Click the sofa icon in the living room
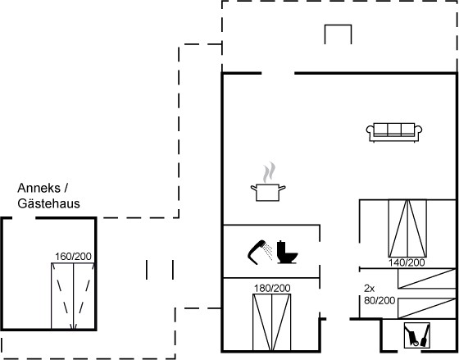click(x=394, y=132)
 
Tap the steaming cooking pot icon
click(x=268, y=181)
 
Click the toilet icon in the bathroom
click(x=287, y=252)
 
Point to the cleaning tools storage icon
click(x=417, y=335)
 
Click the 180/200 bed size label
click(x=272, y=289)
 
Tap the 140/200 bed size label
click(x=407, y=262)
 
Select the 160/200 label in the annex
click(x=73, y=257)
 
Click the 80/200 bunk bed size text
click(x=379, y=300)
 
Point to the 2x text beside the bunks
click(x=369, y=289)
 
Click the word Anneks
click(x=39, y=188)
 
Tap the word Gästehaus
click(x=48, y=203)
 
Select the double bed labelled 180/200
click(x=271, y=322)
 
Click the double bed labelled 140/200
click(x=407, y=229)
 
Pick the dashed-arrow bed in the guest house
click(x=73, y=296)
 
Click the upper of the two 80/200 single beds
click(x=426, y=278)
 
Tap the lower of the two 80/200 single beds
click(x=426, y=308)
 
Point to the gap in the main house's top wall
click(x=278, y=73)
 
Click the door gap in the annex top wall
click(x=24, y=218)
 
